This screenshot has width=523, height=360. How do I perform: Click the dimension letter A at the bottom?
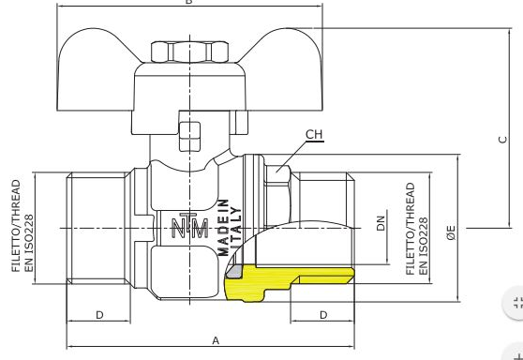click(216, 340)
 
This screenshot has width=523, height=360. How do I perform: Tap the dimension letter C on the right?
click(502, 140)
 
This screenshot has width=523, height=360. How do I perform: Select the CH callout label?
click(314, 134)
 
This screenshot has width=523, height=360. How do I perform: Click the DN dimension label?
click(381, 223)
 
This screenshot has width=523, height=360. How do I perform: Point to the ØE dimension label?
click(451, 232)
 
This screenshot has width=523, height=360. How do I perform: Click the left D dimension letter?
click(99, 315)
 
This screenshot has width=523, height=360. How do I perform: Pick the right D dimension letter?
click(323, 315)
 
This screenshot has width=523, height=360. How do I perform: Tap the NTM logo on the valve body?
click(189, 226)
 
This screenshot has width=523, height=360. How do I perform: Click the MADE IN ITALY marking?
click(229, 228)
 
